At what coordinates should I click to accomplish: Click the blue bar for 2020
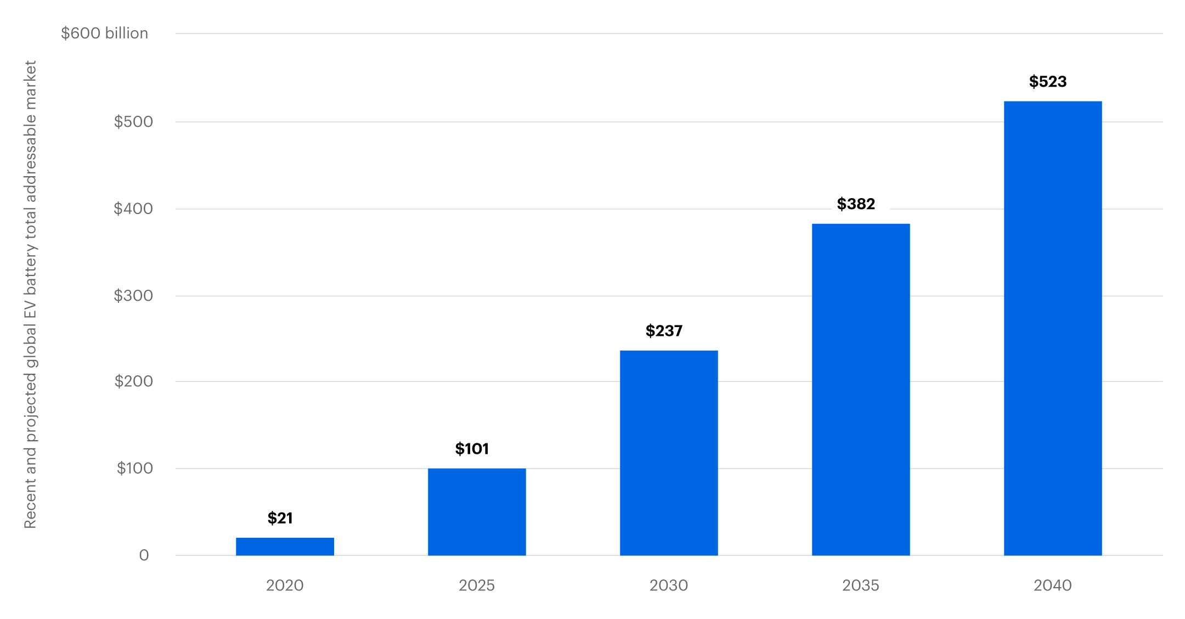pyautogui.click(x=285, y=547)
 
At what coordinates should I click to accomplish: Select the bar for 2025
pyautogui.click(x=477, y=511)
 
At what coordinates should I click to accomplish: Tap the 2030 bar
pyautogui.click(x=669, y=453)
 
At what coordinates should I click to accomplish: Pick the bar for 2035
pyautogui.click(x=861, y=390)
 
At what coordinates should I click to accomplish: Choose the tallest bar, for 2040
pyautogui.click(x=1053, y=328)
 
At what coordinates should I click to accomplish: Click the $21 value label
pyautogui.click(x=280, y=518)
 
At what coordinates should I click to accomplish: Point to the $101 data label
pyautogui.click(x=472, y=449)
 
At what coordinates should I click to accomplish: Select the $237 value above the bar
pyautogui.click(x=664, y=331)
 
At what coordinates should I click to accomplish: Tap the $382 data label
pyautogui.click(x=856, y=204)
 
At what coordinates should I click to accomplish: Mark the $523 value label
pyautogui.click(x=1048, y=82)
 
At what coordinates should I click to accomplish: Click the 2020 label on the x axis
pyautogui.click(x=285, y=586)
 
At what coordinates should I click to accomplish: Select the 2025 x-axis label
pyautogui.click(x=477, y=586)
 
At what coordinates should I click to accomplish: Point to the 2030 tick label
pyautogui.click(x=669, y=586)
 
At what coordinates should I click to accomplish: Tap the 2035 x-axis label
pyautogui.click(x=861, y=586)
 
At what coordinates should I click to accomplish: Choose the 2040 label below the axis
pyautogui.click(x=1053, y=586)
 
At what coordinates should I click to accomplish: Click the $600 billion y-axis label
pyautogui.click(x=104, y=33)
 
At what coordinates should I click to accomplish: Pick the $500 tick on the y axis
pyautogui.click(x=133, y=121)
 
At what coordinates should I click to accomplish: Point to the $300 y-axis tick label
pyautogui.click(x=133, y=296)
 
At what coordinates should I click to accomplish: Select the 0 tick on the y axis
pyautogui.click(x=144, y=555)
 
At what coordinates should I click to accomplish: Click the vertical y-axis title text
pyautogui.click(x=31, y=295)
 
